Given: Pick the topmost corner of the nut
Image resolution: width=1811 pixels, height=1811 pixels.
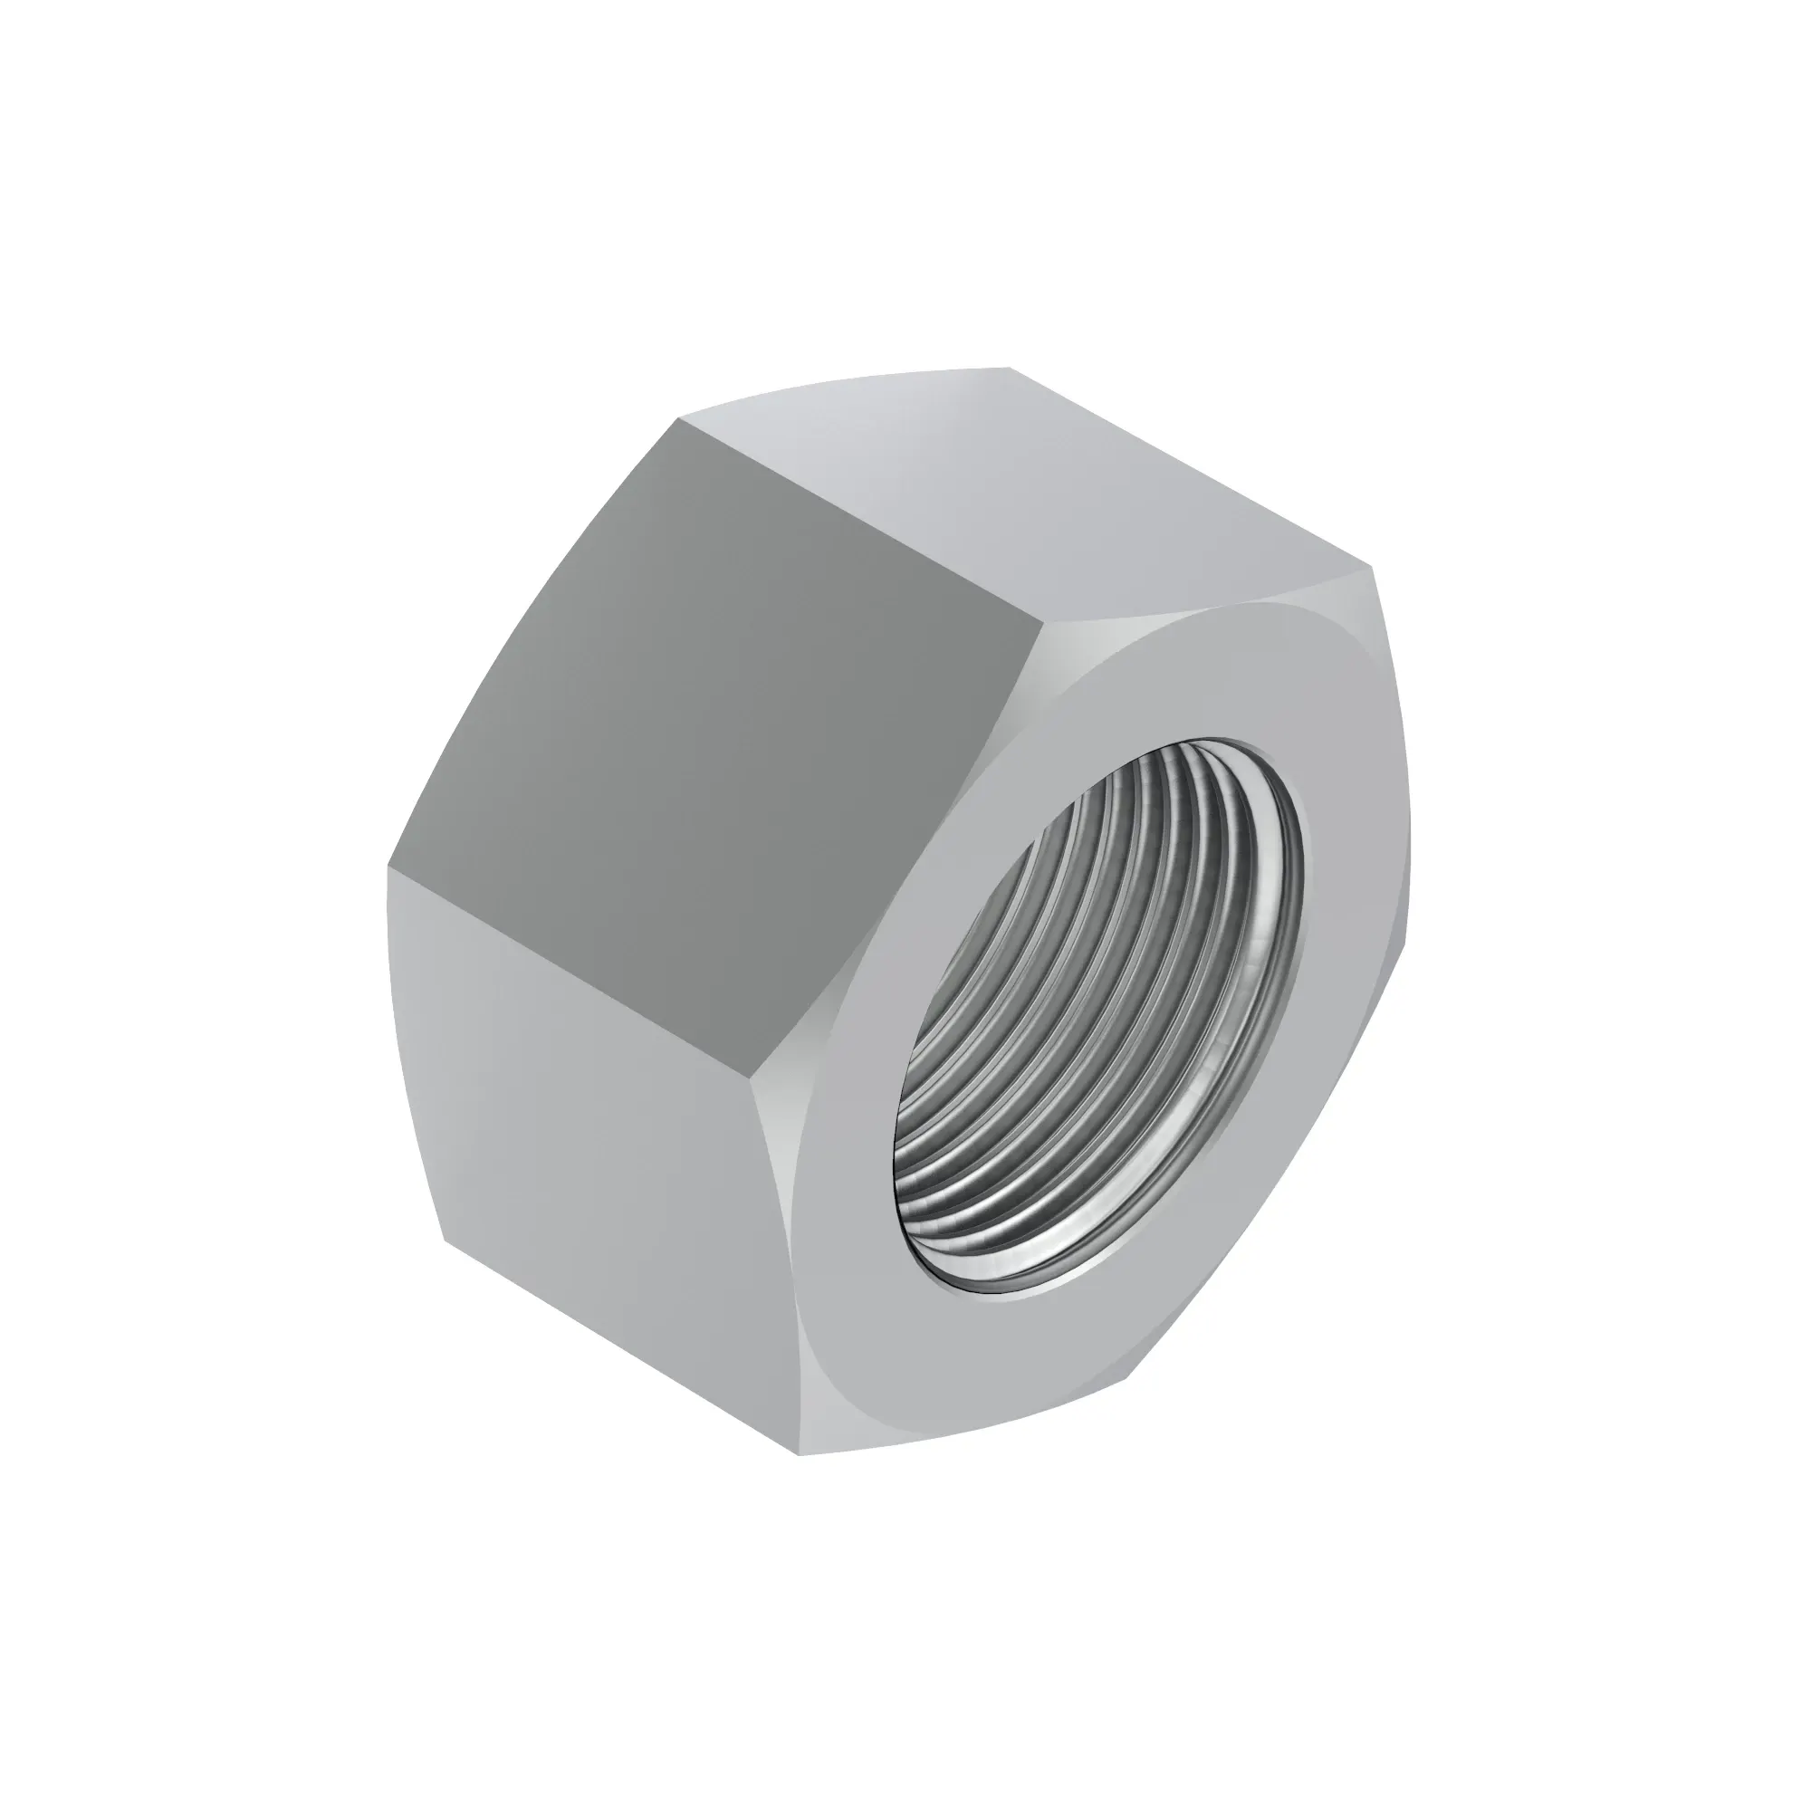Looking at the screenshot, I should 1010,368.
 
